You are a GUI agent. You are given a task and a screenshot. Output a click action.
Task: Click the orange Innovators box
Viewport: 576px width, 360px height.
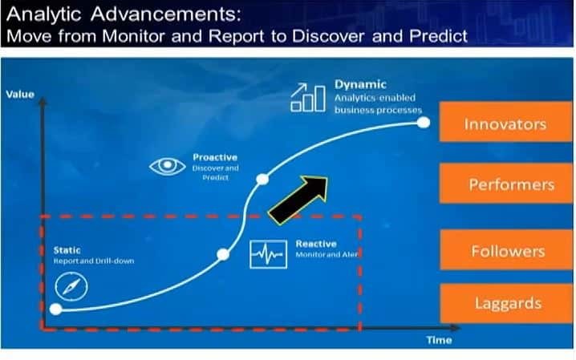pyautogui.click(x=505, y=124)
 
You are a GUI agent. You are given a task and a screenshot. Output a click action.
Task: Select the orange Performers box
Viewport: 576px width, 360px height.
pyautogui.click(x=505, y=184)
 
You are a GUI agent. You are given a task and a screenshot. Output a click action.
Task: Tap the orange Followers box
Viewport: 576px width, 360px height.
pyautogui.click(x=505, y=251)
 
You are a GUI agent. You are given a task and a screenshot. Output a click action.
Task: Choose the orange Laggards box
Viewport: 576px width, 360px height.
pyautogui.click(x=505, y=304)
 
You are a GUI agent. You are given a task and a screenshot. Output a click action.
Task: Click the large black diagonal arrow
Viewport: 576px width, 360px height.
pyautogui.click(x=299, y=199)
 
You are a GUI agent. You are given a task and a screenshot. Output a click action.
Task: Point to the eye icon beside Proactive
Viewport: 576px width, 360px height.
pyautogui.click(x=167, y=167)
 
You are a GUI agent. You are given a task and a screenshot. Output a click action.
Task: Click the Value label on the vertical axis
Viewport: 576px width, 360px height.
pyautogui.click(x=19, y=95)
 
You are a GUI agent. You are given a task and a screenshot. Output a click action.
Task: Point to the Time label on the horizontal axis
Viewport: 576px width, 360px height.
pyautogui.click(x=439, y=340)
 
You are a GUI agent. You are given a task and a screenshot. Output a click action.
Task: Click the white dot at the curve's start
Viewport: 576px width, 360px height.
pyautogui.click(x=55, y=309)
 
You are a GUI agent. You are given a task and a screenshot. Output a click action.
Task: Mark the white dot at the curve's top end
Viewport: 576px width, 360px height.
pyautogui.click(x=424, y=123)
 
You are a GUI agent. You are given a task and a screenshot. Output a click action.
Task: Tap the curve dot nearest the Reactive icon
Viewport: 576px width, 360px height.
pyautogui.click(x=223, y=255)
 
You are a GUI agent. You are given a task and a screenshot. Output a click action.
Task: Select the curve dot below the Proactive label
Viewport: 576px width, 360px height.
pyautogui.click(x=259, y=178)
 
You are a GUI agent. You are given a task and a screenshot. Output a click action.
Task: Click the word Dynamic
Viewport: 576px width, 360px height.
pyautogui.click(x=360, y=83)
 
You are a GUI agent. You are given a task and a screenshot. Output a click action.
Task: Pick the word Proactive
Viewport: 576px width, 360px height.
pyautogui.click(x=214, y=158)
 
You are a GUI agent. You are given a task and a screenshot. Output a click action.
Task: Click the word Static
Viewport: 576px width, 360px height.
pyautogui.click(x=67, y=250)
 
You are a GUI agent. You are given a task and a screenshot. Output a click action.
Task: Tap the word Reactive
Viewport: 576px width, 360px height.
pyautogui.click(x=316, y=243)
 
